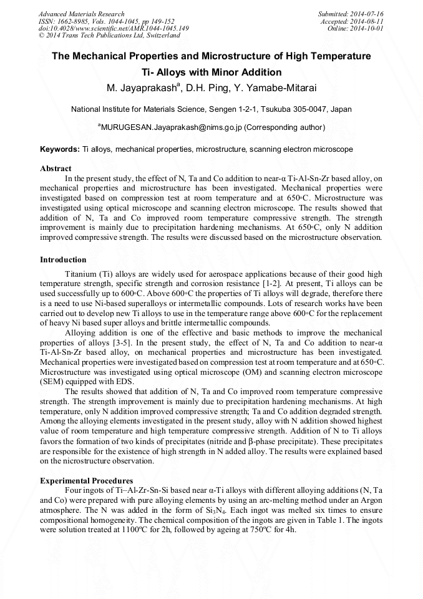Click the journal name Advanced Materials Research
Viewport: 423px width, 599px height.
[82, 14]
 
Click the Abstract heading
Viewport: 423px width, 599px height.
[56, 169]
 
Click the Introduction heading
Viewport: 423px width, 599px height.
[63, 260]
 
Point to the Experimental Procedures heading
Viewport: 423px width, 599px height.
[86, 480]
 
